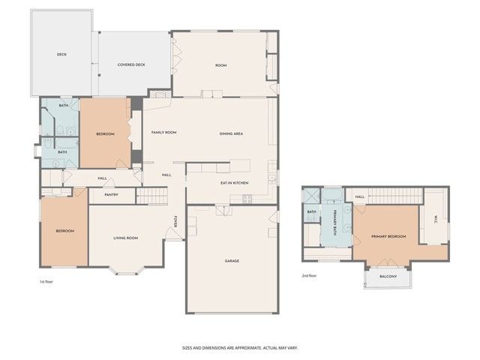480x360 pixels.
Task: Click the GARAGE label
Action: [232, 260]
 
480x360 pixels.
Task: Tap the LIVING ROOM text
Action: [125, 238]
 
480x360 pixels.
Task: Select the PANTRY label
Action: [112, 195]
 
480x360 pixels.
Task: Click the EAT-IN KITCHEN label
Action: [234, 183]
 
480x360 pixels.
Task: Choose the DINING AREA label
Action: [231, 133]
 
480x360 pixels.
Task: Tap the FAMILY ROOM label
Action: [163, 132]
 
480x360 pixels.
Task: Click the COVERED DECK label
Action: [131, 64]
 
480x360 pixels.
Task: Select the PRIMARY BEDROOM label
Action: [388, 236]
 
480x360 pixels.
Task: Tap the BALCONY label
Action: [388, 277]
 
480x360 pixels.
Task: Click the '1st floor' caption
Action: [47, 281]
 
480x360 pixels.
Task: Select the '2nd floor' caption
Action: [309, 275]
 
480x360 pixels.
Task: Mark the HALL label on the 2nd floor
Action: [360, 197]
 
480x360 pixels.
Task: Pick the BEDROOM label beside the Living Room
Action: [65, 231]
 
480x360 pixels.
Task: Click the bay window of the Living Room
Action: [124, 270]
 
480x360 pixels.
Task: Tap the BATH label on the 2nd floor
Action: [311, 211]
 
